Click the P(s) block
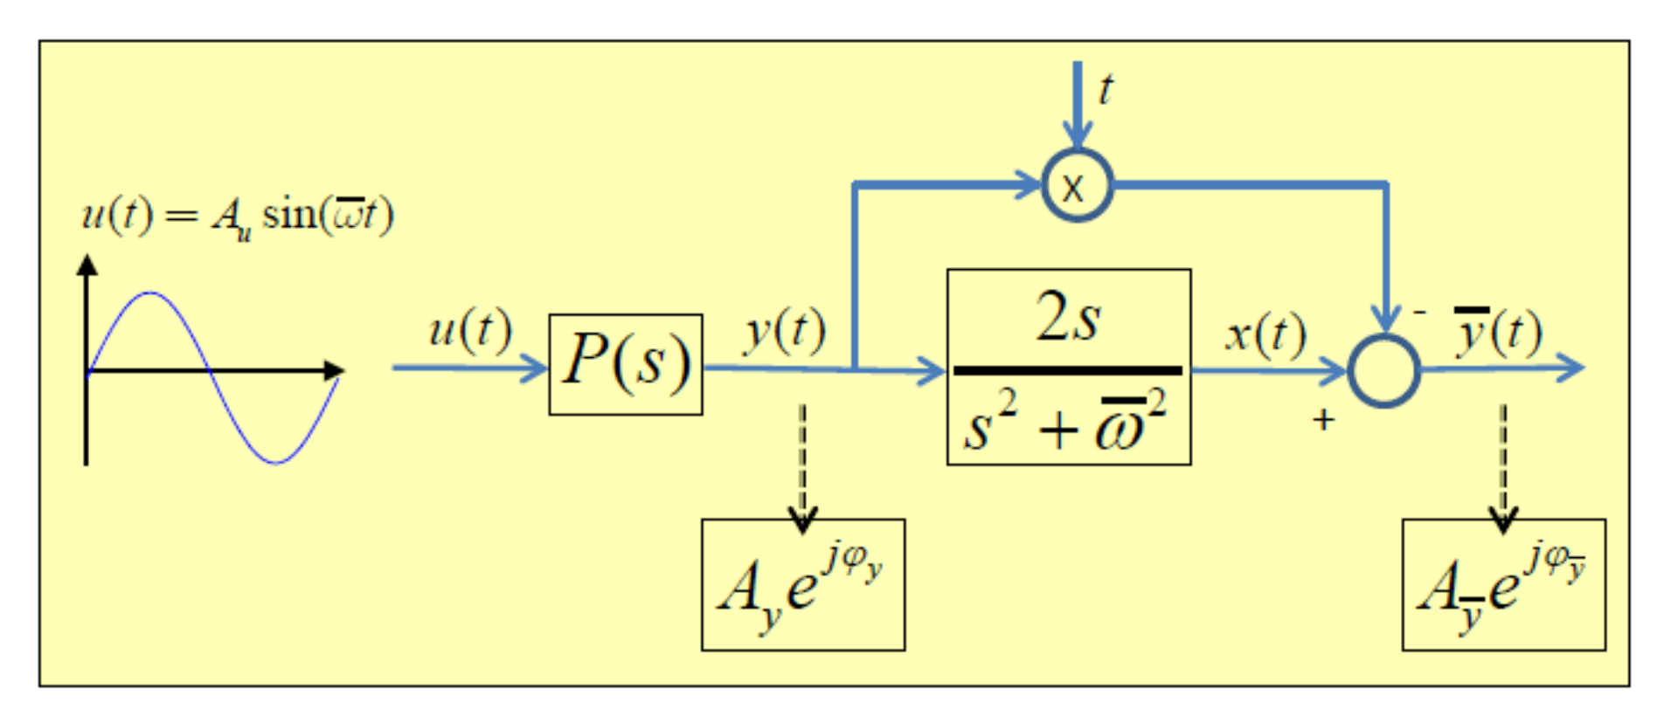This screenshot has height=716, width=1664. [x=625, y=364]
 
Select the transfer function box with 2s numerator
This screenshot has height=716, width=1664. [x=1068, y=367]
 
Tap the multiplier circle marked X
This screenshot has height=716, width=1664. [x=1077, y=185]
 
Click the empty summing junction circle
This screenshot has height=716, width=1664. [x=1383, y=370]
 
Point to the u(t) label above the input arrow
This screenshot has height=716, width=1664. [x=469, y=331]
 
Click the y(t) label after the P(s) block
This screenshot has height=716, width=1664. [x=784, y=333]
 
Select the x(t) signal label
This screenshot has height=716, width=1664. [x=1265, y=334]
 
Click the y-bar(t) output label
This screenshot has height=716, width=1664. [x=1498, y=332]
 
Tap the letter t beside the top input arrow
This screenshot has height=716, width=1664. [x=1106, y=89]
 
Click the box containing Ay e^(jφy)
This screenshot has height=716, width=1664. [x=802, y=584]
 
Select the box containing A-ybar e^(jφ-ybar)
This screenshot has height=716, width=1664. [x=1503, y=584]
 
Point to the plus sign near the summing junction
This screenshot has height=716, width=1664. [x=1323, y=420]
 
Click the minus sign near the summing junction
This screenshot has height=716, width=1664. [x=1419, y=312]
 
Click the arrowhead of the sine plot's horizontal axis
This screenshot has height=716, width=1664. [x=334, y=370]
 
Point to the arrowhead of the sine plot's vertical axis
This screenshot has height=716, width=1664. [x=87, y=265]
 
